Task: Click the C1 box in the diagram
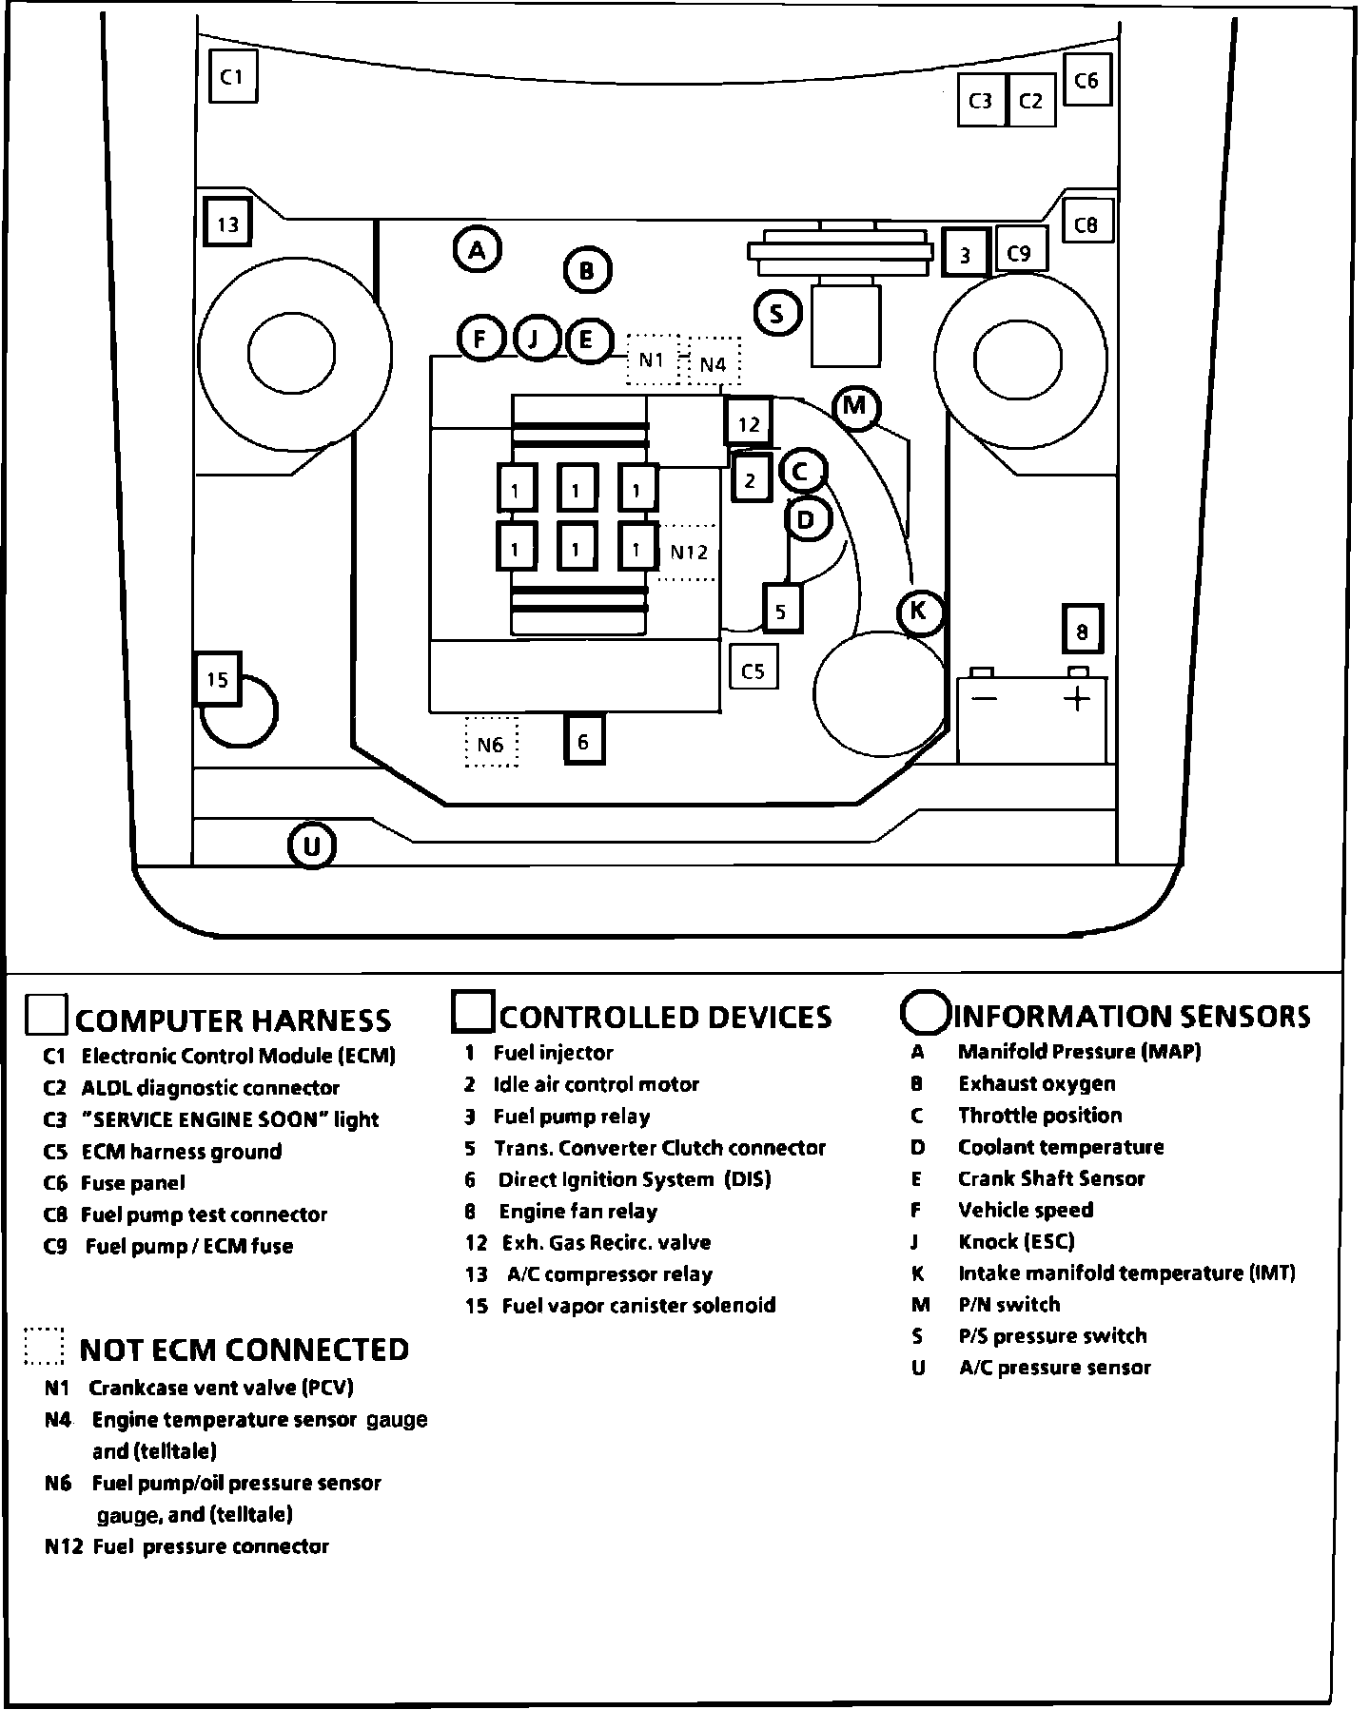[x=232, y=77]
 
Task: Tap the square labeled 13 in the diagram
[x=227, y=224]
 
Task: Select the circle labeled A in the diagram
[x=477, y=250]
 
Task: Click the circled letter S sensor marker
[x=777, y=313]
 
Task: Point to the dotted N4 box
[x=713, y=363]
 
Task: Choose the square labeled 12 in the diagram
[x=749, y=423]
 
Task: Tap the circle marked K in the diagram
[x=918, y=611]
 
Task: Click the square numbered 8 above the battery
[x=1082, y=630]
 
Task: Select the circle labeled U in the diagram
[x=312, y=845]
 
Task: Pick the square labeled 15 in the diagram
[x=217, y=679]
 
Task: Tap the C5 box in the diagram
[x=753, y=670]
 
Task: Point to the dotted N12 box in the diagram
[x=688, y=552]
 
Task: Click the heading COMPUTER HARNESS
[x=233, y=1020]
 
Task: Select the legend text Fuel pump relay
[x=572, y=1117]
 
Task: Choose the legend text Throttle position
[x=1040, y=1115]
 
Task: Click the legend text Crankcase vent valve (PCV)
[x=221, y=1387]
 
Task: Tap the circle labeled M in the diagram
[x=855, y=406]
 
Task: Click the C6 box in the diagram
[x=1086, y=81]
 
